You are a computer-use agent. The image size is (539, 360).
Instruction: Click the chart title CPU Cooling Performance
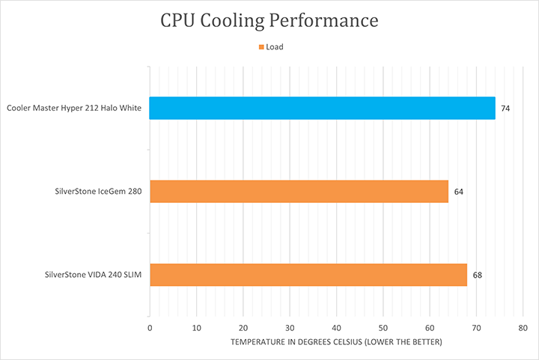pyautogui.click(x=269, y=20)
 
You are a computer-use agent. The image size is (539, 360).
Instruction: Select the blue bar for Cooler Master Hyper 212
pyautogui.click(x=322, y=108)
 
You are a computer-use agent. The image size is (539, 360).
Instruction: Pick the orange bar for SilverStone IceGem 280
pyautogui.click(x=299, y=192)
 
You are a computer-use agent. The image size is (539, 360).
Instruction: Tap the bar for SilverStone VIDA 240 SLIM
pyautogui.click(x=308, y=275)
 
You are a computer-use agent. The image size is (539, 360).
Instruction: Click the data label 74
pyautogui.click(x=505, y=109)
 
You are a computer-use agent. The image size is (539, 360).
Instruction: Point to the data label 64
pyautogui.click(x=458, y=192)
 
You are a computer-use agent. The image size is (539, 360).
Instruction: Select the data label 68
pyautogui.click(x=477, y=275)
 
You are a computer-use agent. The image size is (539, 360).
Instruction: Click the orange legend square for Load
pyautogui.click(x=261, y=47)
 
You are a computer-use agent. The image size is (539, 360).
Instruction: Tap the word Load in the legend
pyautogui.click(x=275, y=47)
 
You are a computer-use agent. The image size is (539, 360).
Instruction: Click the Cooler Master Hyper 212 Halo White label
pyautogui.click(x=74, y=109)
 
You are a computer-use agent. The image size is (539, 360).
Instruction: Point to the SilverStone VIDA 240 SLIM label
pyautogui.click(x=93, y=275)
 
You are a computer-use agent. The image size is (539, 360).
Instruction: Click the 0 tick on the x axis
pyautogui.click(x=150, y=328)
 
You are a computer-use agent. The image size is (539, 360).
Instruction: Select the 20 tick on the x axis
pyautogui.click(x=243, y=328)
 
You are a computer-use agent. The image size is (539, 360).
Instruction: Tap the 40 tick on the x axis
pyautogui.click(x=336, y=328)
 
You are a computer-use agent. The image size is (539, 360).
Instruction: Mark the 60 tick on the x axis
pyautogui.click(x=430, y=328)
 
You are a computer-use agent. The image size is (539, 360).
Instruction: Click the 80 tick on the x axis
pyautogui.click(x=523, y=328)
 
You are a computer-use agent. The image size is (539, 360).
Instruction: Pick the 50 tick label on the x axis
pyautogui.click(x=383, y=328)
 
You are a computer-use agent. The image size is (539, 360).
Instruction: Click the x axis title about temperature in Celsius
pyautogui.click(x=336, y=342)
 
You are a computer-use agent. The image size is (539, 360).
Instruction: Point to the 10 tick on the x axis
pyautogui.click(x=196, y=328)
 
